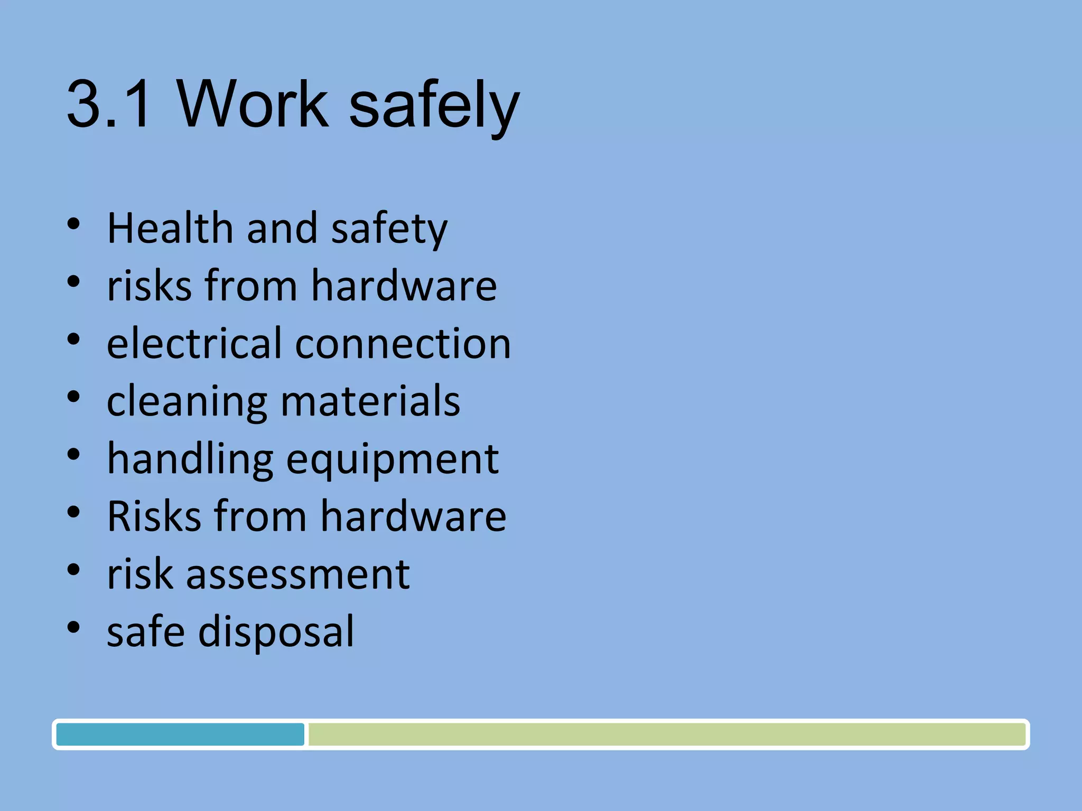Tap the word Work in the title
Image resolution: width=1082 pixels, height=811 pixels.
tap(253, 103)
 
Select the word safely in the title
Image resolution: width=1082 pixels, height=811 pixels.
tap(434, 106)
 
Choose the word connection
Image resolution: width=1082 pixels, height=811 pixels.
tap(403, 344)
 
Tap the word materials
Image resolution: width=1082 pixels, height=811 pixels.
tap(370, 401)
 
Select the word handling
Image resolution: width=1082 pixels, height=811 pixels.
tap(190, 459)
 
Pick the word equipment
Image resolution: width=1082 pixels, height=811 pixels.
tap(393, 460)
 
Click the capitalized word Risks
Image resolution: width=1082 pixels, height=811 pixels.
tap(154, 516)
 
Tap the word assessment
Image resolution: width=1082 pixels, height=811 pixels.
tap(297, 574)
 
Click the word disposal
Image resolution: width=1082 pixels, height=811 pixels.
tap(276, 632)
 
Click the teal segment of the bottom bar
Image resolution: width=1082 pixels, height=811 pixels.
tap(180, 734)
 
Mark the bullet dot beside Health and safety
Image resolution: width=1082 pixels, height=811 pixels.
tap(73, 224)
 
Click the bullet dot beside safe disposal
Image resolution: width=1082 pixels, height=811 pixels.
tap(73, 627)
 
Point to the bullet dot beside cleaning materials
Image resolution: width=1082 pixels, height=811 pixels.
tap(73, 397)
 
